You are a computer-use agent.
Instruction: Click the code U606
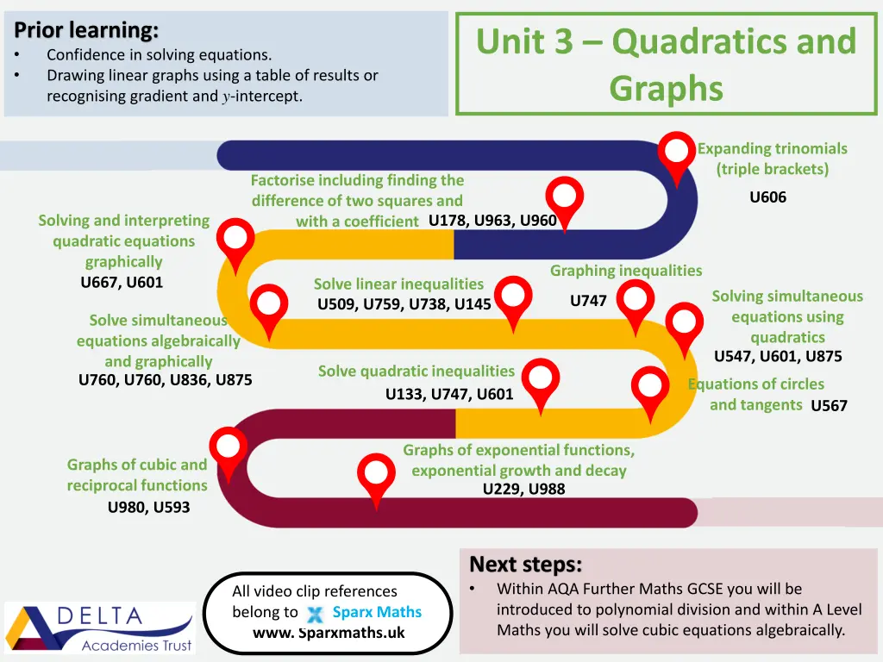point(767,197)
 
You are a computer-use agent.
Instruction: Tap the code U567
point(829,406)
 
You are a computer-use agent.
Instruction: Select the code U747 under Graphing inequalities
point(588,301)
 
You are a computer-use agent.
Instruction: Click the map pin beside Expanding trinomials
point(677,155)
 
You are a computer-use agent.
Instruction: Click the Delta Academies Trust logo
point(100,627)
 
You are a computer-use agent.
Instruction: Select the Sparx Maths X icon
point(315,614)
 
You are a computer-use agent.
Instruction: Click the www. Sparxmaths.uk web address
point(329,633)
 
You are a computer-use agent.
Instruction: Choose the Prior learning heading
point(86,30)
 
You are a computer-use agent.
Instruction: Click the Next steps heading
point(525,565)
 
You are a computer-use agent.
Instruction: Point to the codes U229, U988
point(523,490)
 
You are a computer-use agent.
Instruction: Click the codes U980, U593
point(148,508)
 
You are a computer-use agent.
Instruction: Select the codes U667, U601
point(122,282)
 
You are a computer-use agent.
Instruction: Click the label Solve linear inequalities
point(398,284)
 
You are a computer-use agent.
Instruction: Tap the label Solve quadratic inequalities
point(416,372)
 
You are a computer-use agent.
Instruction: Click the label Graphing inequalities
point(626,271)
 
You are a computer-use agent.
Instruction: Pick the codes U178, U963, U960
point(492,220)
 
